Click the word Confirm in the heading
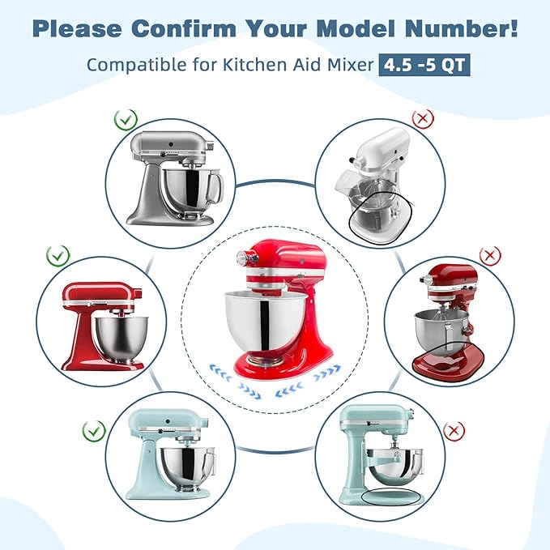point(184,28)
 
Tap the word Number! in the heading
point(461,28)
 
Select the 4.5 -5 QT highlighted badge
point(424,65)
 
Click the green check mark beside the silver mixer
point(126,120)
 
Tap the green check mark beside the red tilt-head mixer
point(58,256)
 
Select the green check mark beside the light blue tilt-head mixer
point(94,431)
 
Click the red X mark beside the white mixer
point(423,118)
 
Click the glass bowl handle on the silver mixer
point(215,188)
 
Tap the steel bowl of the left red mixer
point(122,339)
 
